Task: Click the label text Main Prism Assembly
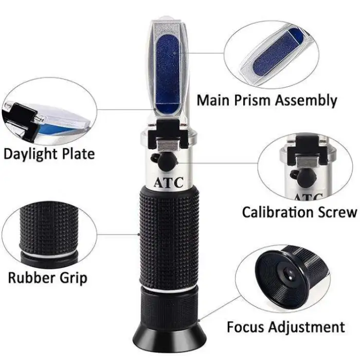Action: pos(267,100)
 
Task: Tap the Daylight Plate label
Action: pos(49,154)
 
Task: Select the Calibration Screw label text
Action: pos(299,211)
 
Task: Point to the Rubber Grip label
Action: pos(47,278)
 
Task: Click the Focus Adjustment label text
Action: pos(286,327)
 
